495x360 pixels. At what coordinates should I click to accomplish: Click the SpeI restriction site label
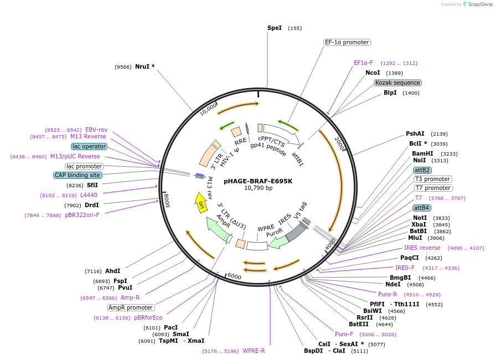point(275,28)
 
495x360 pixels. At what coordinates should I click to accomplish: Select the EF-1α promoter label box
point(347,42)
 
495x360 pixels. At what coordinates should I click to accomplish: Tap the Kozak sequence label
point(398,83)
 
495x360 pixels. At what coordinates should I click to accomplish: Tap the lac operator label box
point(89,147)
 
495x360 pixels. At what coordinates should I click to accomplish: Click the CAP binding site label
point(78,175)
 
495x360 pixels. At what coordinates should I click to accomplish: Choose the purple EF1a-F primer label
point(363,63)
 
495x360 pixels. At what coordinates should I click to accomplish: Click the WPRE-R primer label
point(254,351)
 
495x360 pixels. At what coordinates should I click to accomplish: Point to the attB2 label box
point(422,170)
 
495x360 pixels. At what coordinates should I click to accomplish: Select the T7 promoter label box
point(433,188)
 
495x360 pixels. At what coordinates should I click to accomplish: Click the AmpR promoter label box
point(131,307)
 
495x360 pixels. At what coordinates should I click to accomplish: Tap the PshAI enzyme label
point(415,133)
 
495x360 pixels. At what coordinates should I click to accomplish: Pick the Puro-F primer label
point(344,334)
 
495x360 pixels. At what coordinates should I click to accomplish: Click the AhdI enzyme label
point(112,271)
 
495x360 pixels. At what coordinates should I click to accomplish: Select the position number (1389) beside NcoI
point(394,73)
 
